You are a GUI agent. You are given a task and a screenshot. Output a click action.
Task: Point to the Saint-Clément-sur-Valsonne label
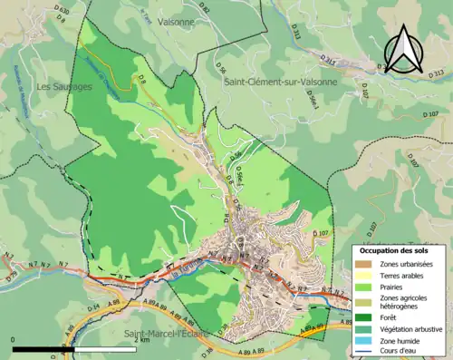(280, 81)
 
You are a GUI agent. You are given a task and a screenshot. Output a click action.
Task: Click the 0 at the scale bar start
(14, 339)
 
